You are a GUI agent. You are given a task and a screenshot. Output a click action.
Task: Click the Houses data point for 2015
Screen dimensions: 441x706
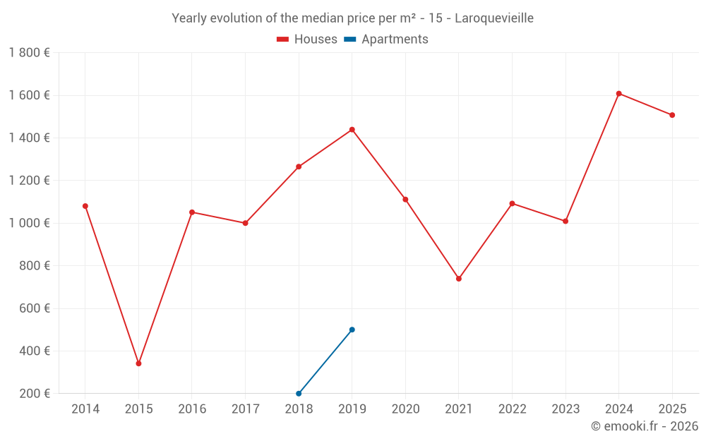(x=138, y=363)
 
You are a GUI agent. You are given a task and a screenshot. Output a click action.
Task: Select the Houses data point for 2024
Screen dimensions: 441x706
(x=618, y=93)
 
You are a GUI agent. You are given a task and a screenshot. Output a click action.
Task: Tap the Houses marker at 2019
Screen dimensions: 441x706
(x=352, y=129)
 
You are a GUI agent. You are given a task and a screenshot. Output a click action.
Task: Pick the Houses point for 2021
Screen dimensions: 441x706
(x=459, y=279)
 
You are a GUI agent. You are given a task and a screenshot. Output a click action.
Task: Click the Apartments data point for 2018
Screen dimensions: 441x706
(x=299, y=393)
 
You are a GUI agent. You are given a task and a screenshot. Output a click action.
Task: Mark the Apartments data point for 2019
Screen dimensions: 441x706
(x=352, y=330)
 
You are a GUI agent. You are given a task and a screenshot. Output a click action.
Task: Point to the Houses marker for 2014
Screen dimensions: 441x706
(x=85, y=206)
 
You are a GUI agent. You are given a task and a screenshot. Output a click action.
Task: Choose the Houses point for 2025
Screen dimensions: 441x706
(x=672, y=115)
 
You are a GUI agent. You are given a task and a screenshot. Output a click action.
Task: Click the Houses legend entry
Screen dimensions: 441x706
(x=307, y=40)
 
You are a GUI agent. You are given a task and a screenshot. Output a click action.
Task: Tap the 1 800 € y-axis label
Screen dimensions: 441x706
(x=29, y=52)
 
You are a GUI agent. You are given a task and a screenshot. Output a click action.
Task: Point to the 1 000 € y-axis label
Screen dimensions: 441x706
(x=29, y=223)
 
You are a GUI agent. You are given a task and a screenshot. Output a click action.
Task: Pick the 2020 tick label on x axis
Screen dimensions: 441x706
(x=405, y=409)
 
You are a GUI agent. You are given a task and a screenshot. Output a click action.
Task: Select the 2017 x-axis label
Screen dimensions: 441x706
(x=245, y=409)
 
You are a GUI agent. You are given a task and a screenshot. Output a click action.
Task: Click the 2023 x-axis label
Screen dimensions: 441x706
(x=566, y=409)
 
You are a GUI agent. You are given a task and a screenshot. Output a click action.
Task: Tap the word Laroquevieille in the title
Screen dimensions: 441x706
(x=494, y=18)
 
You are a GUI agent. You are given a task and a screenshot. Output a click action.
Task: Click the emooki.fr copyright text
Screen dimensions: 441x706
(x=644, y=426)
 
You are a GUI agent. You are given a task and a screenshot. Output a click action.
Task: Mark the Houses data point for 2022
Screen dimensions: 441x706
(x=512, y=203)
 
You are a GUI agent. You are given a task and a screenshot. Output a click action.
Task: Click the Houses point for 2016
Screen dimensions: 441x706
(x=192, y=212)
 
